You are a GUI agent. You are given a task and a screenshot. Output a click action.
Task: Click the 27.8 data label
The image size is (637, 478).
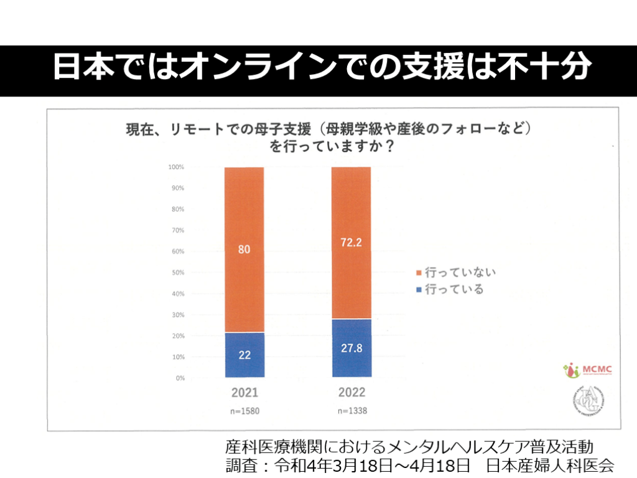click(351, 349)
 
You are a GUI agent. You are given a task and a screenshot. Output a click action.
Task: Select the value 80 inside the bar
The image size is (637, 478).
click(244, 250)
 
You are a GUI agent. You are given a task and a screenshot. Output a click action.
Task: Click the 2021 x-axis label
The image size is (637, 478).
click(244, 393)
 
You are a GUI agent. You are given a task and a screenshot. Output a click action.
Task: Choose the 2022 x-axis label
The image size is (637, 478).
click(351, 393)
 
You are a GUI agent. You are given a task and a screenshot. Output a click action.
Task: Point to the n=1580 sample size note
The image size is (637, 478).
click(244, 411)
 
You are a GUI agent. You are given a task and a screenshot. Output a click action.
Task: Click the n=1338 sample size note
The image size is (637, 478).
click(351, 411)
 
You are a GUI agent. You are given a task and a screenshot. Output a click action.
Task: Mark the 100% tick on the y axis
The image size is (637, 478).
click(176, 167)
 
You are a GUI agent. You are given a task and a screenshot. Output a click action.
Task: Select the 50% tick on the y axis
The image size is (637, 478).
click(177, 273)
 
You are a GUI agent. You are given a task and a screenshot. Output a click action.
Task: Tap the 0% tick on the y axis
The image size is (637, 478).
click(179, 378)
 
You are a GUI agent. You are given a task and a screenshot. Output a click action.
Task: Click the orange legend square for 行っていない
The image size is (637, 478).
click(419, 273)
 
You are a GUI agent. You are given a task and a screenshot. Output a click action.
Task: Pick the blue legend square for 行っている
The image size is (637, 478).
click(419, 289)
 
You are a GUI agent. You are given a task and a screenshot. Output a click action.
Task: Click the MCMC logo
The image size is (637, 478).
click(587, 370)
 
